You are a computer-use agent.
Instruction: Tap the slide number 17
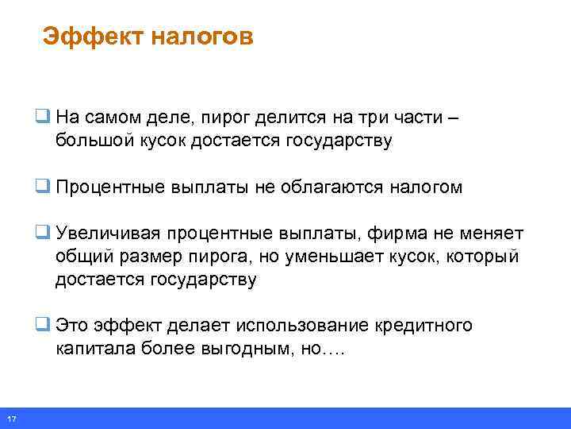[10, 419]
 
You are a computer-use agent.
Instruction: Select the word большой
[88, 141]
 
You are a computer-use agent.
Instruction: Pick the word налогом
[426, 187]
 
